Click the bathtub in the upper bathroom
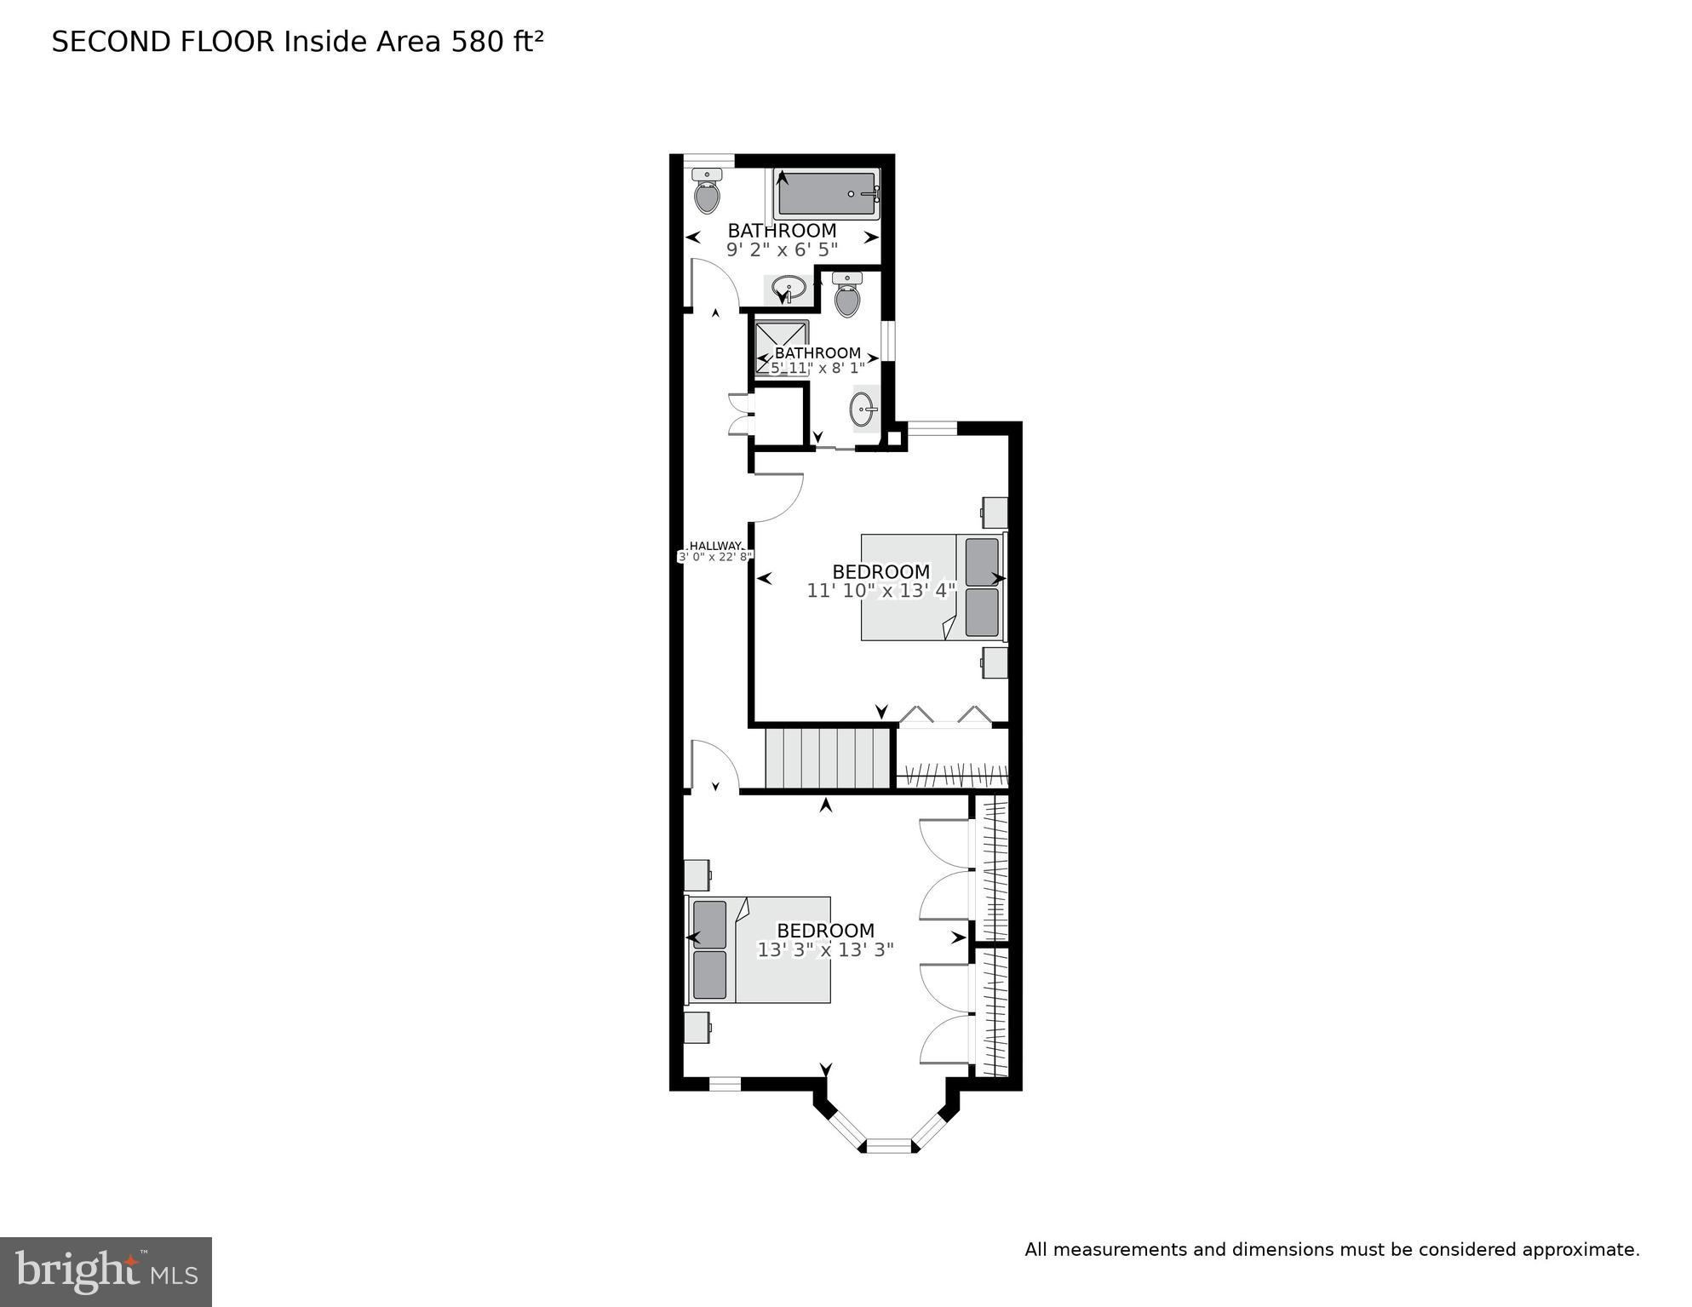coord(826,194)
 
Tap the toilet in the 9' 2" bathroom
coord(707,192)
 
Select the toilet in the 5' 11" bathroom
coord(846,295)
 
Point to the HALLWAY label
coord(715,546)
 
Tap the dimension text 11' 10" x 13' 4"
coord(881,590)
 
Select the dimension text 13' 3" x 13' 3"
coord(825,949)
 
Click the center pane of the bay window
coord(889,1145)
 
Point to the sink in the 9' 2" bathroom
coord(789,288)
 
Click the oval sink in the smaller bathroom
coord(863,410)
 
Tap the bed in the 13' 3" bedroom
coord(758,949)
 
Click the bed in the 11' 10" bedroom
coord(932,587)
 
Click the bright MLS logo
coord(106,1271)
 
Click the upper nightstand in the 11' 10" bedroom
coord(994,513)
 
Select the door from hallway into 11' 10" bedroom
coord(777,498)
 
